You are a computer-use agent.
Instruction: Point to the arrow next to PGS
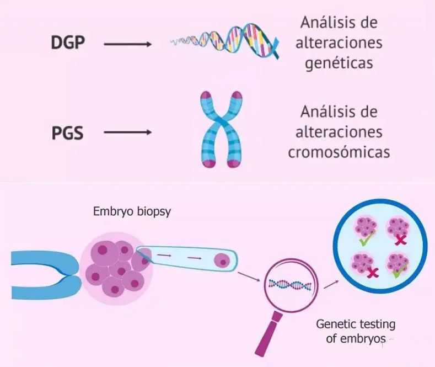click(127, 132)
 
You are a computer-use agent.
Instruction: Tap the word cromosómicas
click(339, 151)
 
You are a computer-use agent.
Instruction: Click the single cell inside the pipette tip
click(223, 260)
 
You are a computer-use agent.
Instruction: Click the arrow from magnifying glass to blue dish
click(331, 283)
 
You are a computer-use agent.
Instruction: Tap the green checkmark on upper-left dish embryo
click(364, 241)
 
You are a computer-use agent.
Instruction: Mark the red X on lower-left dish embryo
click(373, 272)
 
